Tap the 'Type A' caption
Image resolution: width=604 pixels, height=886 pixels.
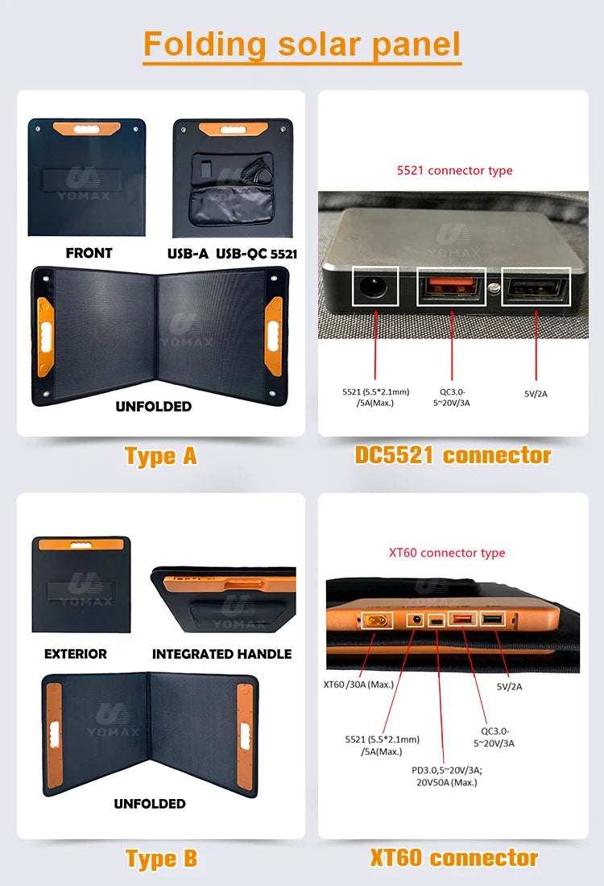coord(160,456)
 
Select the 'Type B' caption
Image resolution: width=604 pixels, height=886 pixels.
coord(160,859)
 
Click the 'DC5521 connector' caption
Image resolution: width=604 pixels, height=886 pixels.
coord(453,455)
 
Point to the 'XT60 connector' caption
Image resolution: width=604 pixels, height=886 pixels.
coord(453,858)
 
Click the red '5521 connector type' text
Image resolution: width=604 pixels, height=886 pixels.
coord(454,171)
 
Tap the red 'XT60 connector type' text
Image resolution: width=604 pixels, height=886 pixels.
coord(447,553)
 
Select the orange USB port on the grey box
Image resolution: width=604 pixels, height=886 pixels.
coord(452,287)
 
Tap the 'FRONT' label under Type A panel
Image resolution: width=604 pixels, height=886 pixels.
coord(89,253)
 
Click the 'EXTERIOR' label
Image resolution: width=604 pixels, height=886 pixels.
coord(75,654)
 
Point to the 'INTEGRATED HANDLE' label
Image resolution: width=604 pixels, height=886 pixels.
coord(221,654)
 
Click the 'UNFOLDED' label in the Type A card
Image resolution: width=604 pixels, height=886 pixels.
coord(153,407)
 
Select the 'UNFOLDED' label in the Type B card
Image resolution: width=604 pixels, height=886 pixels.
coord(150,804)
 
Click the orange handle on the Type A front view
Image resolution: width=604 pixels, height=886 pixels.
coord(87,127)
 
